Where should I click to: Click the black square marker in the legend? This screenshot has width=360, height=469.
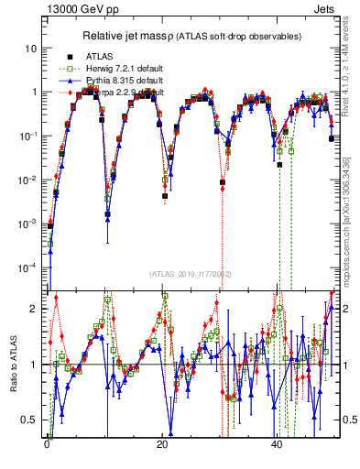point(69,56)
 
